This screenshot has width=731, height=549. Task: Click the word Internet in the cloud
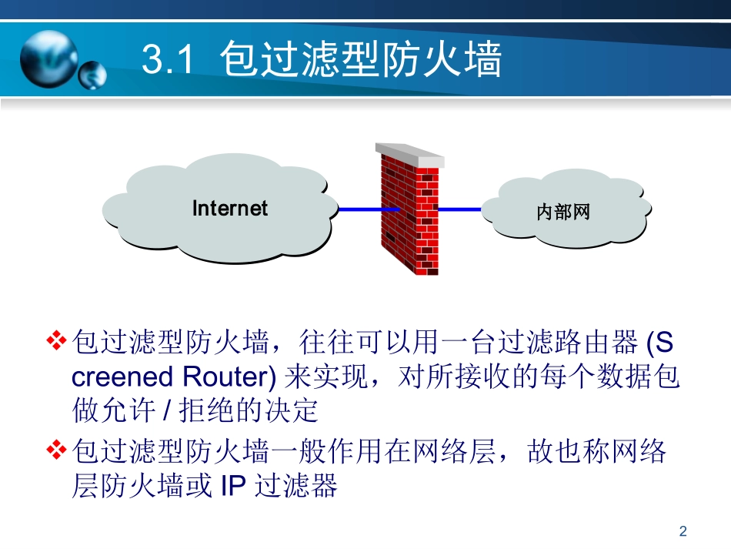point(229,209)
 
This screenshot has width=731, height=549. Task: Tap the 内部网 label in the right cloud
point(563,212)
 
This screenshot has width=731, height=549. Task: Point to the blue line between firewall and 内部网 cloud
point(459,209)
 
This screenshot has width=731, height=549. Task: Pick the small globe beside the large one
point(92,75)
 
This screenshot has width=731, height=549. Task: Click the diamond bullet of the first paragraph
point(58,340)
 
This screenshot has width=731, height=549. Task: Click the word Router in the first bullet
point(229,377)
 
